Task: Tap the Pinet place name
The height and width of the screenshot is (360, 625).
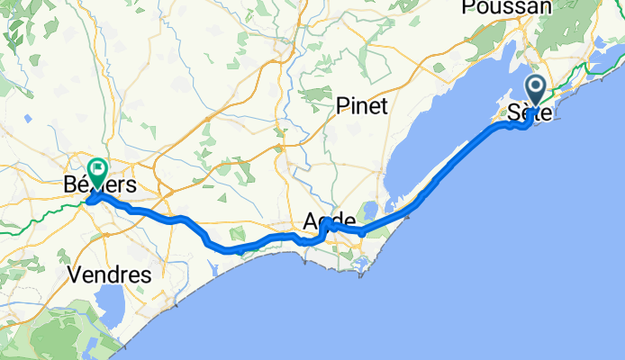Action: pos(361,106)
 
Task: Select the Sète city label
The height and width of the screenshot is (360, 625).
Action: pos(530,114)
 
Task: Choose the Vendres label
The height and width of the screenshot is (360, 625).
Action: pos(108,274)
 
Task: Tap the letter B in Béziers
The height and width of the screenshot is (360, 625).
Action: pos(71,185)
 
